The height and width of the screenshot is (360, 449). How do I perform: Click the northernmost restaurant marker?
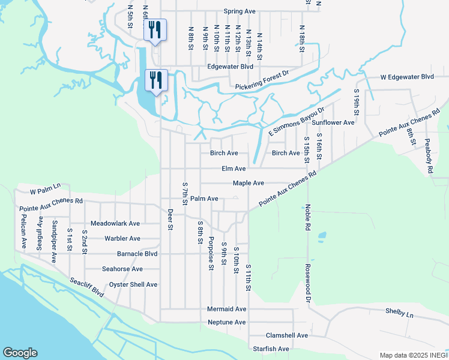[x=155, y=29]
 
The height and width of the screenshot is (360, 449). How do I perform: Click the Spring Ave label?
[x=240, y=11]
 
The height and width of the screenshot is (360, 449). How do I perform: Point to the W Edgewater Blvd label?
[x=406, y=77]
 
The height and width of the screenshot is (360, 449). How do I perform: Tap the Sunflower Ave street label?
[x=333, y=122]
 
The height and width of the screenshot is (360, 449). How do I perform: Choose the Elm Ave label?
[x=234, y=169]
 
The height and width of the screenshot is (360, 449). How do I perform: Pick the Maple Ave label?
[x=249, y=184]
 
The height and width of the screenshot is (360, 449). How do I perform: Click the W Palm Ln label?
[x=46, y=192]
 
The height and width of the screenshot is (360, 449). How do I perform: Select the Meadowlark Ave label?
[x=115, y=223]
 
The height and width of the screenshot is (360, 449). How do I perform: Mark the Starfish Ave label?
[x=271, y=349]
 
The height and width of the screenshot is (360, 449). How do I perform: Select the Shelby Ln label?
[x=399, y=314]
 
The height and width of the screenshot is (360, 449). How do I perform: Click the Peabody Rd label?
[x=429, y=157]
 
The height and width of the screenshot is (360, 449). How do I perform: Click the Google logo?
[x=20, y=353]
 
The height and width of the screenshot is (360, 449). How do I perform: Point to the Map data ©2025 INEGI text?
[x=413, y=355]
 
